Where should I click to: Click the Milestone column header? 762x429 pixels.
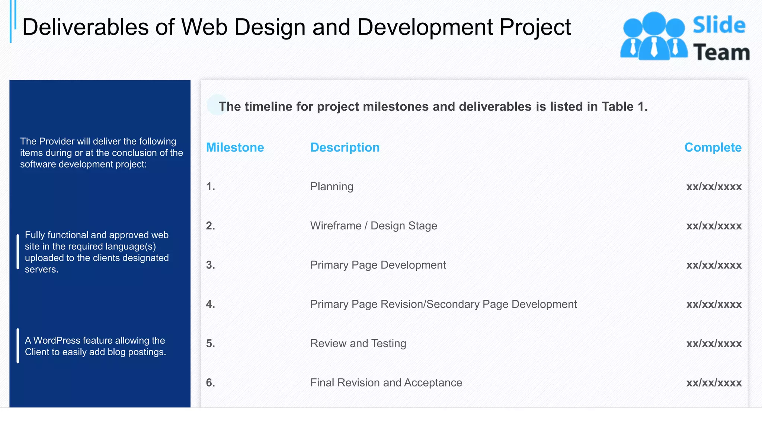coord(235,147)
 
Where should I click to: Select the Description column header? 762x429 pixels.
coord(345,147)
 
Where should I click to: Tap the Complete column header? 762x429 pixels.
coord(713,147)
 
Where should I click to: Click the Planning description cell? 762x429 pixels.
coord(332,187)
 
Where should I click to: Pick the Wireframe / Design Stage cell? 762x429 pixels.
coord(374,226)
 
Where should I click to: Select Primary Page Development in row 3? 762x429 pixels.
coord(378,265)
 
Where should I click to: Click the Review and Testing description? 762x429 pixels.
coord(358,343)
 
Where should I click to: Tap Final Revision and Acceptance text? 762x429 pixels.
coord(386,383)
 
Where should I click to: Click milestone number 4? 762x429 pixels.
coord(210,304)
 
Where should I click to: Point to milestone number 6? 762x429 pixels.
coord(210,383)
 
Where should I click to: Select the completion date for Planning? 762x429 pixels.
coord(714,187)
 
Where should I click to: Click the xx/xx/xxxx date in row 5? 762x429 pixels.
coord(714,343)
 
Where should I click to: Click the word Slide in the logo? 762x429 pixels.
coord(719,25)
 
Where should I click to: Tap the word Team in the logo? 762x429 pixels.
coord(721,53)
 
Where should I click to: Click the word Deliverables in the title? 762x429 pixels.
coord(85,27)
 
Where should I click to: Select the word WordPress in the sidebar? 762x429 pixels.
coord(57,340)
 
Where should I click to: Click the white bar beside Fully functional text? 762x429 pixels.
coord(18,252)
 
